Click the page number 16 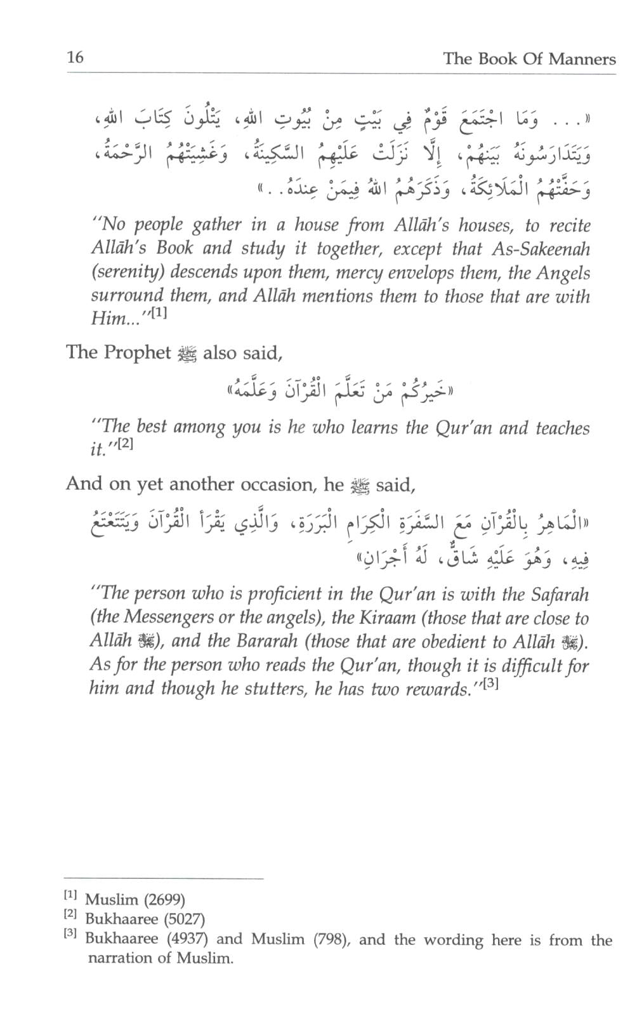(x=75, y=58)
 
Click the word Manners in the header (x=582, y=59)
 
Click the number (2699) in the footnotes (x=164, y=899)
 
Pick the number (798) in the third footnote (x=332, y=939)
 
